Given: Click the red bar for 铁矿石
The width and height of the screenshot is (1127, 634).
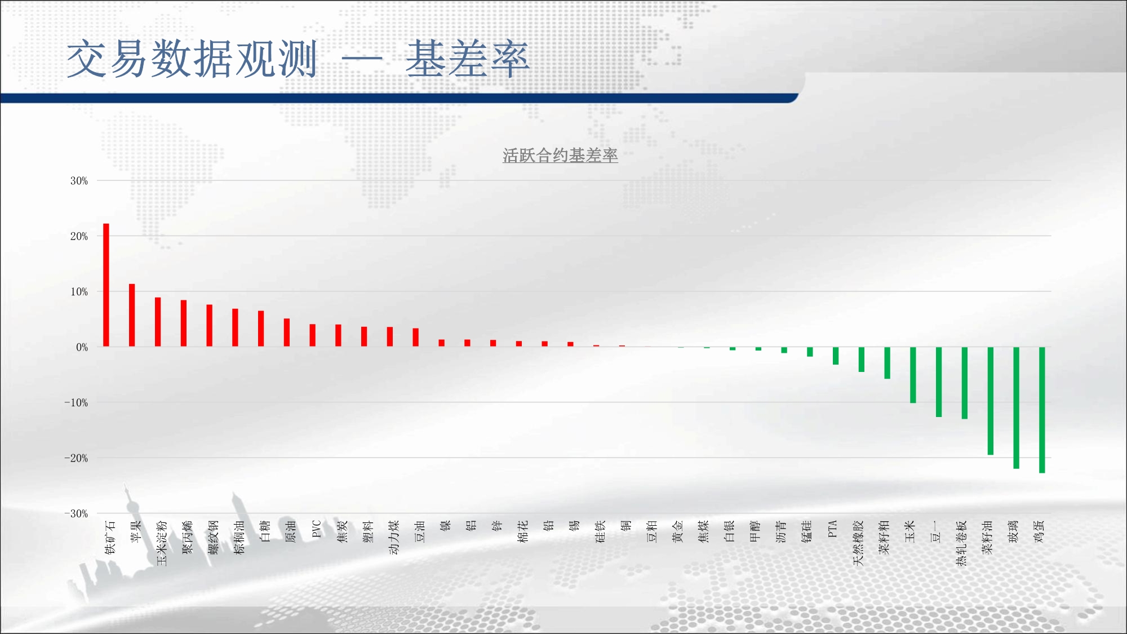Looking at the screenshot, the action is (x=106, y=285).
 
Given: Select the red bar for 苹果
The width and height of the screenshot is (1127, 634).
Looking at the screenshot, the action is (x=132, y=315).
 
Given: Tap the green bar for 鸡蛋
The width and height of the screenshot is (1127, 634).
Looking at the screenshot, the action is (x=1042, y=410).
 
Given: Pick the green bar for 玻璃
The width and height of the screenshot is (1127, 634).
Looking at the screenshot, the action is (x=1016, y=408).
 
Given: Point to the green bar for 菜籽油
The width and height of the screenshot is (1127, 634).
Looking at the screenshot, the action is (x=990, y=401).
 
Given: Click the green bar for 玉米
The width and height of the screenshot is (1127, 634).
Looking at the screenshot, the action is (x=913, y=375).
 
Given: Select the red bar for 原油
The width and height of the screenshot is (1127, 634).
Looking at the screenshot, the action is (x=287, y=332).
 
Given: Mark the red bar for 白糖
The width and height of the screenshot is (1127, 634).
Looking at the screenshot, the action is (x=261, y=329).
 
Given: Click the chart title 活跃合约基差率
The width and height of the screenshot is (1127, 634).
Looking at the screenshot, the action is (x=560, y=156).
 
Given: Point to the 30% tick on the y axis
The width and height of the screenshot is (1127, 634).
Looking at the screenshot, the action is (x=79, y=181).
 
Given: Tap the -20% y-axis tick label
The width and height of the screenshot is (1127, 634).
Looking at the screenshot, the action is (x=76, y=458).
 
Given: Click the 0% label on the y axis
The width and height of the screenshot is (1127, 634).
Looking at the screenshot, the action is (x=82, y=347).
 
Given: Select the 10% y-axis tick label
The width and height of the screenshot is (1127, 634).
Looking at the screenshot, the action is (x=79, y=292).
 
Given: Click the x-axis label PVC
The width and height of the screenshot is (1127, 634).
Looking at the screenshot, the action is (x=316, y=529).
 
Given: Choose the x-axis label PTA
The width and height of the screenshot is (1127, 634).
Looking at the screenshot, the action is (x=832, y=529).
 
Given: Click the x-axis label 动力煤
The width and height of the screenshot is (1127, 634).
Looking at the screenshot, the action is (x=393, y=537).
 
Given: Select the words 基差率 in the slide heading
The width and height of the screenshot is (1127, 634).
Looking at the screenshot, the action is (x=468, y=59).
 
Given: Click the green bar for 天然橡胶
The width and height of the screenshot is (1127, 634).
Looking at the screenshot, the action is (x=861, y=360).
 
